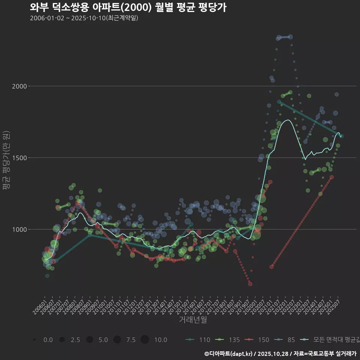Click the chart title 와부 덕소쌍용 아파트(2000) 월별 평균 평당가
pyautogui.click(x=128, y=7)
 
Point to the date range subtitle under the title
pyautogui.click(x=84, y=18)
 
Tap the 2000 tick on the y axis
pyautogui.click(x=19, y=86)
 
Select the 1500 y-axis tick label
pyautogui.click(x=19, y=158)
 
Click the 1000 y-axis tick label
pyautogui.click(x=19, y=229)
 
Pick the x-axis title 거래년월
pyautogui.click(x=193, y=319)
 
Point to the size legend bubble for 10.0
pyautogui.click(x=145, y=340)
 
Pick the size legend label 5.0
pyautogui.click(x=103, y=340)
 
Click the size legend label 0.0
pyautogui.click(x=48, y=340)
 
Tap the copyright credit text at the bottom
pyautogui.click(x=280, y=354)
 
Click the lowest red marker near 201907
pyautogui.click(x=250, y=284)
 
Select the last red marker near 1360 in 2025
pyautogui.click(x=331, y=177)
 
